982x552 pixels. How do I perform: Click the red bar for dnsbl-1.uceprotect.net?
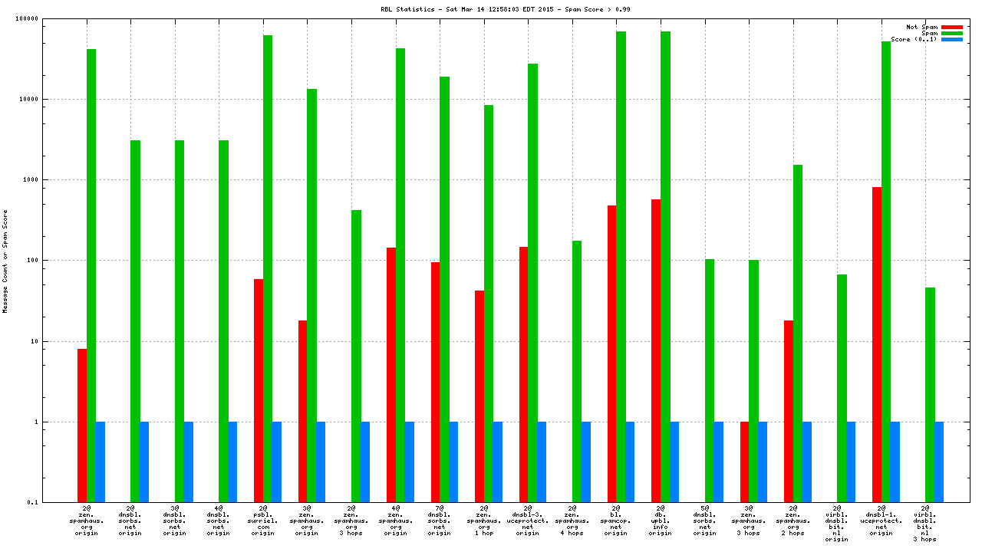click(877, 344)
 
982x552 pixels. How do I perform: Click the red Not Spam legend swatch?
click(952, 27)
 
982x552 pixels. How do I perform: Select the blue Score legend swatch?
click(952, 39)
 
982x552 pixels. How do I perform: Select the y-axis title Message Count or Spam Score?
click(5, 261)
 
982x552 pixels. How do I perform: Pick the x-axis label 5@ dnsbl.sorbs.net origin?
click(704, 521)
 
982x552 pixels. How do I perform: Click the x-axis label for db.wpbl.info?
click(660, 521)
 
